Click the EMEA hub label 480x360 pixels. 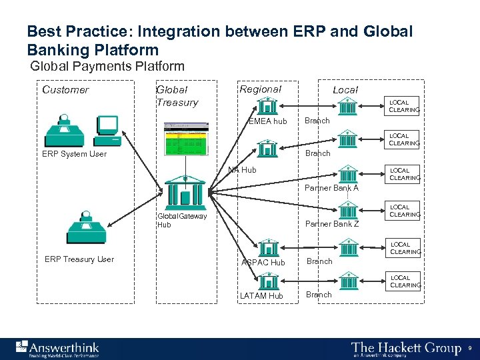[x=267, y=121]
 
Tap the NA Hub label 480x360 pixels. [x=242, y=170]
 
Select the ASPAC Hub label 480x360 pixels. [x=263, y=263]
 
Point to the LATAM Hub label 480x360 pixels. [x=261, y=296]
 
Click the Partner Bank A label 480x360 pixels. [x=331, y=188]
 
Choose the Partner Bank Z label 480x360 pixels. [x=331, y=224]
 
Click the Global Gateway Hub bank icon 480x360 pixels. [x=184, y=193]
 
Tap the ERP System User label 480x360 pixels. [x=75, y=154]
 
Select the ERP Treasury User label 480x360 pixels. [x=79, y=259]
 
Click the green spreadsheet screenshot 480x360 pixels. [x=185, y=140]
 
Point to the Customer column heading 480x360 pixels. [x=65, y=90]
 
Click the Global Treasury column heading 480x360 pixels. [x=177, y=96]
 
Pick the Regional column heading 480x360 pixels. [x=260, y=89]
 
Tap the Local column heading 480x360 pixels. [x=345, y=90]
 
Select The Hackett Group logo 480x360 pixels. [x=406, y=349]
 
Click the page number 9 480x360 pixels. [x=470, y=348]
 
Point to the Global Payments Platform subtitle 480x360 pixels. [x=107, y=66]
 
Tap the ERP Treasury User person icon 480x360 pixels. [x=85, y=228]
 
